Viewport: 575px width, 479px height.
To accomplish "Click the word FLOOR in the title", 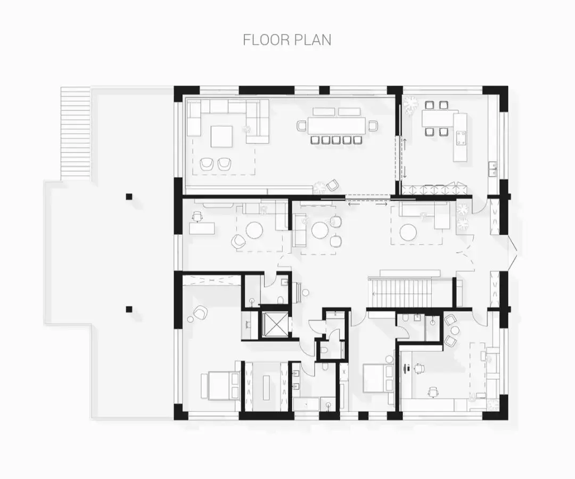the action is click(264, 39).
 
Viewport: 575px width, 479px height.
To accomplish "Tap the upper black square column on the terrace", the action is click(129, 196).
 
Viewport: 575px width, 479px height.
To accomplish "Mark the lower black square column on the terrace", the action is click(129, 309).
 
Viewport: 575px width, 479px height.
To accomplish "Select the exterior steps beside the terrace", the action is click(75, 134).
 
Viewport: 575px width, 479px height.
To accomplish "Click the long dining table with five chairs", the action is click(337, 126).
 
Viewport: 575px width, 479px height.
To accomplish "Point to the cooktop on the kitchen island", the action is click(461, 137).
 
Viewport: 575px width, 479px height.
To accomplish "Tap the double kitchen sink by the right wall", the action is click(493, 169).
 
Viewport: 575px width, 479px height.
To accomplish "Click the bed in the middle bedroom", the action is click(378, 378).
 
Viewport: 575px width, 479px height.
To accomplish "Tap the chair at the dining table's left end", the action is click(301, 126).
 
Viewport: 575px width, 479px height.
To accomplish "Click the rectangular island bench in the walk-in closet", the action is click(266, 387).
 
